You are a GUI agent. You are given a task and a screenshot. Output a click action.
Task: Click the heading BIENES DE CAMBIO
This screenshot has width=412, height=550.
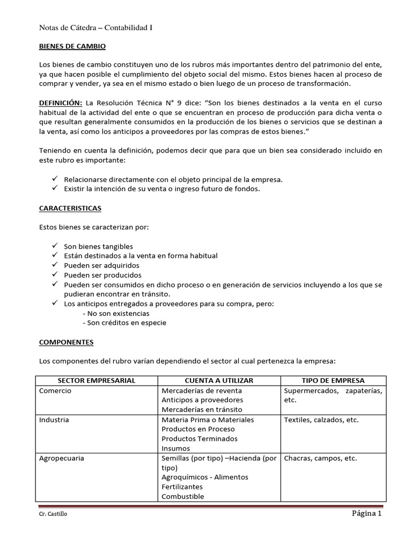pyautogui.click(x=72, y=47)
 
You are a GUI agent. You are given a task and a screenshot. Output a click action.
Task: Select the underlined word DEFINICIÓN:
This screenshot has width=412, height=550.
pyautogui.click(x=60, y=103)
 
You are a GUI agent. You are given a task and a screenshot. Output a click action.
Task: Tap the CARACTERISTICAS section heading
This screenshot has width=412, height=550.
pyautogui.click(x=70, y=208)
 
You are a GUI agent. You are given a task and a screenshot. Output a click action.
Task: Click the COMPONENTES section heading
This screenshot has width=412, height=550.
pyautogui.click(x=67, y=342)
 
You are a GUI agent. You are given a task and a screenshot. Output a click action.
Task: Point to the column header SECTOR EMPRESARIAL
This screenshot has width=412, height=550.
pyautogui.click(x=97, y=380)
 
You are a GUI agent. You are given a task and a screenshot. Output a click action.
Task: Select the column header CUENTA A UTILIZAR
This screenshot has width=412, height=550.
pyautogui.click(x=219, y=380)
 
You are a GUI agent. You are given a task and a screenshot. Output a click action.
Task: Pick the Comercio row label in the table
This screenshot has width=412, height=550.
pyautogui.click(x=55, y=390)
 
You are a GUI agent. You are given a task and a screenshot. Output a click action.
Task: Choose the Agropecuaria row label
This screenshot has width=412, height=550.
pyautogui.click(x=62, y=458)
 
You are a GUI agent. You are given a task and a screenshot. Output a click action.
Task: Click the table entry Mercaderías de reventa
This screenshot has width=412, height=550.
pyautogui.click(x=201, y=390)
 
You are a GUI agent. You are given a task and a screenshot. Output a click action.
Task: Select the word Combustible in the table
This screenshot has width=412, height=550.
pyautogui.click(x=182, y=496)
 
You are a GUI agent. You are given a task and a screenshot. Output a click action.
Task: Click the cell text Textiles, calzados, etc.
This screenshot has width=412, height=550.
pyautogui.click(x=321, y=419)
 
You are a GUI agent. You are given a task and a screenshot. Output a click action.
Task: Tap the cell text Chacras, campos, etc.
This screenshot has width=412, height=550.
pyautogui.click(x=320, y=458)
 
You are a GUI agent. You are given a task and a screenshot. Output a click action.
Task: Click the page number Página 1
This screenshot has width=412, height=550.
pyautogui.click(x=366, y=513)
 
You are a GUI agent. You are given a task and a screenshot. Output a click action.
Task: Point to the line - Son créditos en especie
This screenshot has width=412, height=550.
pyautogui.click(x=124, y=323)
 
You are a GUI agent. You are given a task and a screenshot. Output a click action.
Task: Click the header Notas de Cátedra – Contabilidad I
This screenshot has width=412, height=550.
pyautogui.click(x=96, y=28)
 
